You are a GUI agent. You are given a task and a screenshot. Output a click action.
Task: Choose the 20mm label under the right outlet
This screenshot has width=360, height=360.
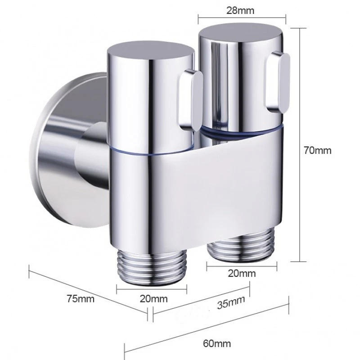tap(242, 273)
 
